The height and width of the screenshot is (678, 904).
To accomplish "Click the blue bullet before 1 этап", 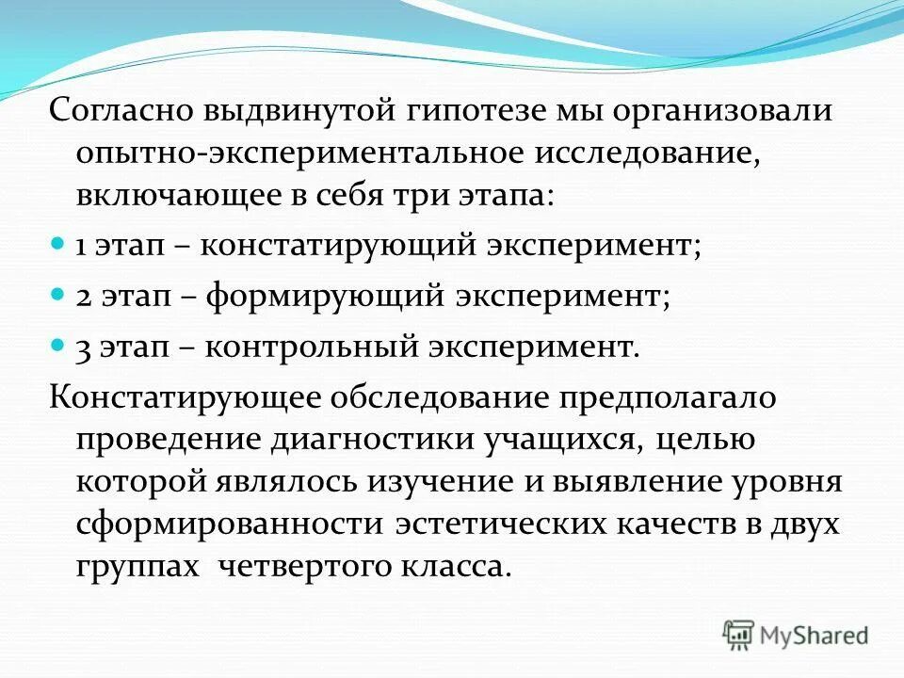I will (x=56, y=218).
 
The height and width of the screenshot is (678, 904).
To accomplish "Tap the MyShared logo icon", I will (x=738, y=634).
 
